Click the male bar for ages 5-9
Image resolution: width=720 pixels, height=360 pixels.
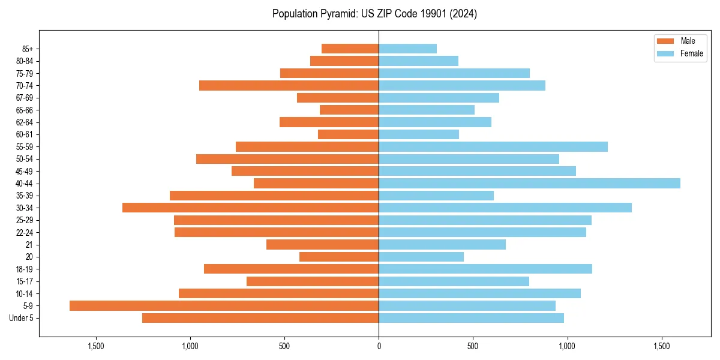coord(224,305)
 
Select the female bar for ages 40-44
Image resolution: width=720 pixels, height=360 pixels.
coord(529,183)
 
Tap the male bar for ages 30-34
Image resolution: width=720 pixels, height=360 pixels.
coord(250,208)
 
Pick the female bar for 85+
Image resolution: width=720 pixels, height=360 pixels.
coord(407,49)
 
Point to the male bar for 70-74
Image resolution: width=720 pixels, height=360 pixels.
coord(289,85)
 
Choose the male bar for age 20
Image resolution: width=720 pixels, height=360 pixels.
coord(339,257)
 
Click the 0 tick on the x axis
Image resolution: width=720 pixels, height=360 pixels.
coord(379,346)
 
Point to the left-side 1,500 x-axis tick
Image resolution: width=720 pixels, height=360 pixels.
coord(96,346)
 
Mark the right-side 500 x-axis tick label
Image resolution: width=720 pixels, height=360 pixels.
coord(473,346)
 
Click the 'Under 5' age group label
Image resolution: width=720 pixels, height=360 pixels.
coord(21,318)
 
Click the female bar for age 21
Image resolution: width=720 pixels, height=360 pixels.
coord(442,244)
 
